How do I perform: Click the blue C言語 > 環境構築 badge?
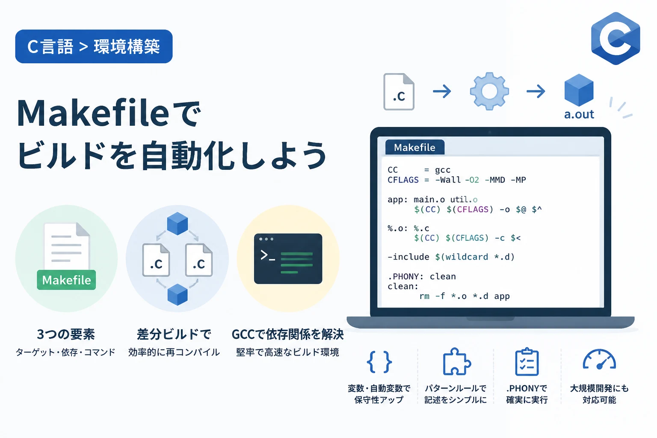[x=94, y=46]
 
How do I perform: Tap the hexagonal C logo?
[x=616, y=38]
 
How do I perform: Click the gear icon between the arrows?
[x=489, y=91]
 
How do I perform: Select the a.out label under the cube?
[x=579, y=114]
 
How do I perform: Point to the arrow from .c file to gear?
[x=442, y=91]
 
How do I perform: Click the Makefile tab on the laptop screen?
[x=415, y=147]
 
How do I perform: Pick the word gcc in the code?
[x=443, y=170]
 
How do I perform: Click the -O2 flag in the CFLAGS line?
[x=472, y=180]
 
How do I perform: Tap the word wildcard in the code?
[x=467, y=257]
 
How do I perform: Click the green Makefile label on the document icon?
[x=66, y=280]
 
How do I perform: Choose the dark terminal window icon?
[x=288, y=258]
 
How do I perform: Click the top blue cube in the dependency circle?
[x=178, y=224]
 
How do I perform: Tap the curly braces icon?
[x=379, y=362]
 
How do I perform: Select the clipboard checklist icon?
[x=527, y=362]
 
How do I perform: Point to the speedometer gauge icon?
[x=599, y=359]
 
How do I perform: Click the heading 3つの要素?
[x=66, y=334]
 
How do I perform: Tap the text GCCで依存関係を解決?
[x=288, y=334]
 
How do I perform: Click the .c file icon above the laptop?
[x=399, y=92]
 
